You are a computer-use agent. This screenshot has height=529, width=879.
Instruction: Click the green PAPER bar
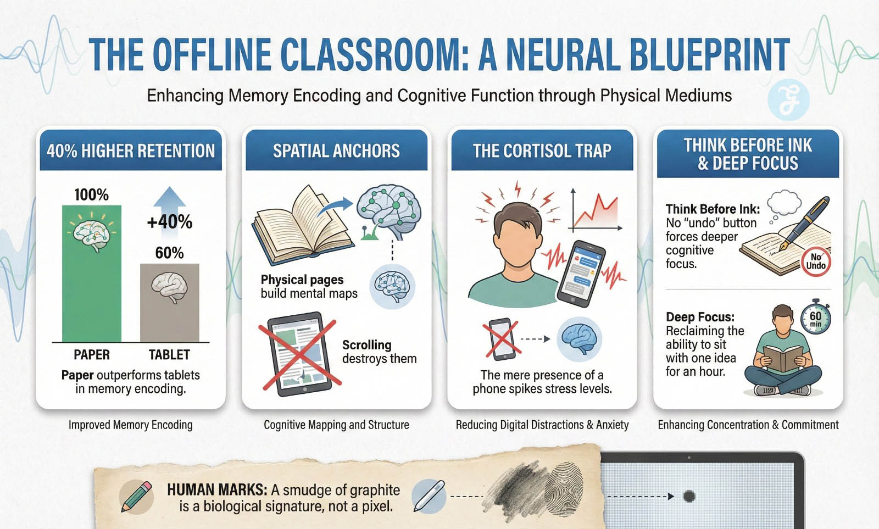(91, 274)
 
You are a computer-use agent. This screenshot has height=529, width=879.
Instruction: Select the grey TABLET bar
(170, 303)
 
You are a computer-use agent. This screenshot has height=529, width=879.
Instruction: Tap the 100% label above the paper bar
(91, 195)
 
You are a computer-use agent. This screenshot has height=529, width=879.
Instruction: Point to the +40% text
(170, 222)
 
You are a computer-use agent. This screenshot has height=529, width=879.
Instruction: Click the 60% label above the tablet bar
(170, 253)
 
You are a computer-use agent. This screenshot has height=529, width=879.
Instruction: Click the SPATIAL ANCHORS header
(336, 151)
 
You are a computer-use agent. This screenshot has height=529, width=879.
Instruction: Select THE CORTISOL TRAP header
(542, 151)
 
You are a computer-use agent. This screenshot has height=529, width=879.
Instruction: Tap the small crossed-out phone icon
(502, 339)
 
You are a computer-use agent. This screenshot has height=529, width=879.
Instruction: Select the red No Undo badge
(816, 261)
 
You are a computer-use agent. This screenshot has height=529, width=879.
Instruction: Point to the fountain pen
(804, 223)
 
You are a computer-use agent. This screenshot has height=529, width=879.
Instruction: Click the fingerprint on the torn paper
(563, 489)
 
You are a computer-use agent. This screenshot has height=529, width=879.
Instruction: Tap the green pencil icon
(136, 497)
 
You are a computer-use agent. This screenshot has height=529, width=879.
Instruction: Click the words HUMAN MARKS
(217, 490)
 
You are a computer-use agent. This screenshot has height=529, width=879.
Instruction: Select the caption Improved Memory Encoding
(131, 425)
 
